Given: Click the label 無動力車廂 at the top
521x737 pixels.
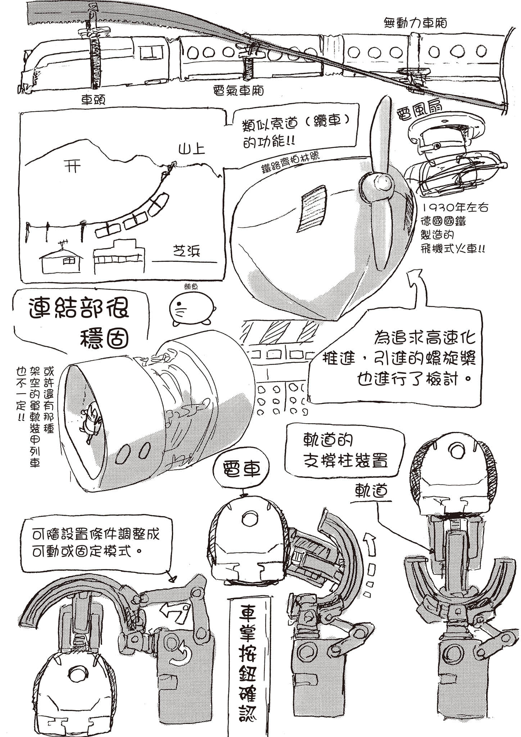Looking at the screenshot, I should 415,23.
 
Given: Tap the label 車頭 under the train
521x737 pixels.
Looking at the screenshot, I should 92,100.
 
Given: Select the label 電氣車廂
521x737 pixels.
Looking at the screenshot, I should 238,91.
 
